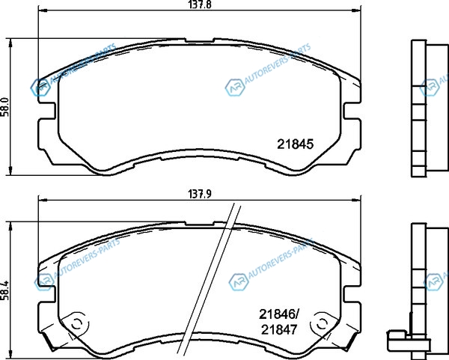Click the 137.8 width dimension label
[200, 5]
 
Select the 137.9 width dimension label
[200, 195]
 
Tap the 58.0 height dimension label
[5, 106]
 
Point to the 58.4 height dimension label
[5, 290]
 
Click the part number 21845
[296, 144]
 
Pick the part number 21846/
[279, 315]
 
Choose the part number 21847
[279, 330]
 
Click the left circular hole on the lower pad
[77, 324]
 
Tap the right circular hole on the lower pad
[322, 324]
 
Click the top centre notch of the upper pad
[200, 40]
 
